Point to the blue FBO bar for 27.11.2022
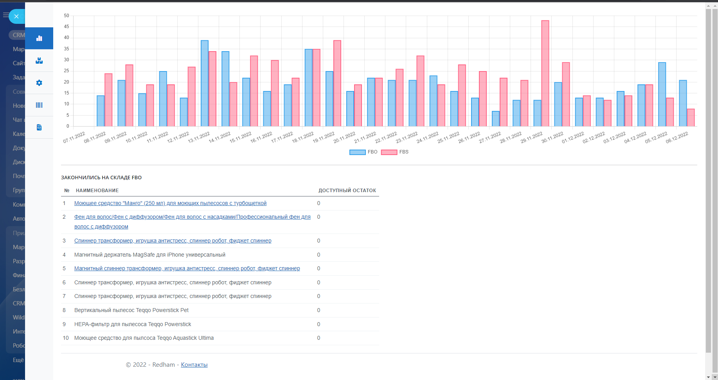pyautogui.click(x=496, y=119)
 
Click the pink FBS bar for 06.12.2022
pyautogui.click(x=691, y=118)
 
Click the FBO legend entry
pyautogui.click(x=363, y=152)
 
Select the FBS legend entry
pyautogui.click(x=395, y=152)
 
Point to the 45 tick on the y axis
pyautogui.click(x=67, y=27)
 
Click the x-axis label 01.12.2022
pyautogui.click(x=573, y=137)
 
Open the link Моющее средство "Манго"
pyautogui.click(x=170, y=203)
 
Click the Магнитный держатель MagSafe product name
pyautogui.click(x=150, y=255)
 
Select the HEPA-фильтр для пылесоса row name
pyautogui.click(x=133, y=324)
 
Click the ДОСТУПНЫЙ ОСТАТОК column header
pyautogui.click(x=347, y=191)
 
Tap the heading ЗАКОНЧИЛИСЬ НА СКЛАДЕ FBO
pyautogui.click(x=101, y=177)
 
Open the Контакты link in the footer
pyautogui.click(x=194, y=365)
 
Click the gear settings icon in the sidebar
pyautogui.click(x=39, y=83)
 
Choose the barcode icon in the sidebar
pyautogui.click(x=39, y=105)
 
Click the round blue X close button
pyautogui.click(x=16, y=16)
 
